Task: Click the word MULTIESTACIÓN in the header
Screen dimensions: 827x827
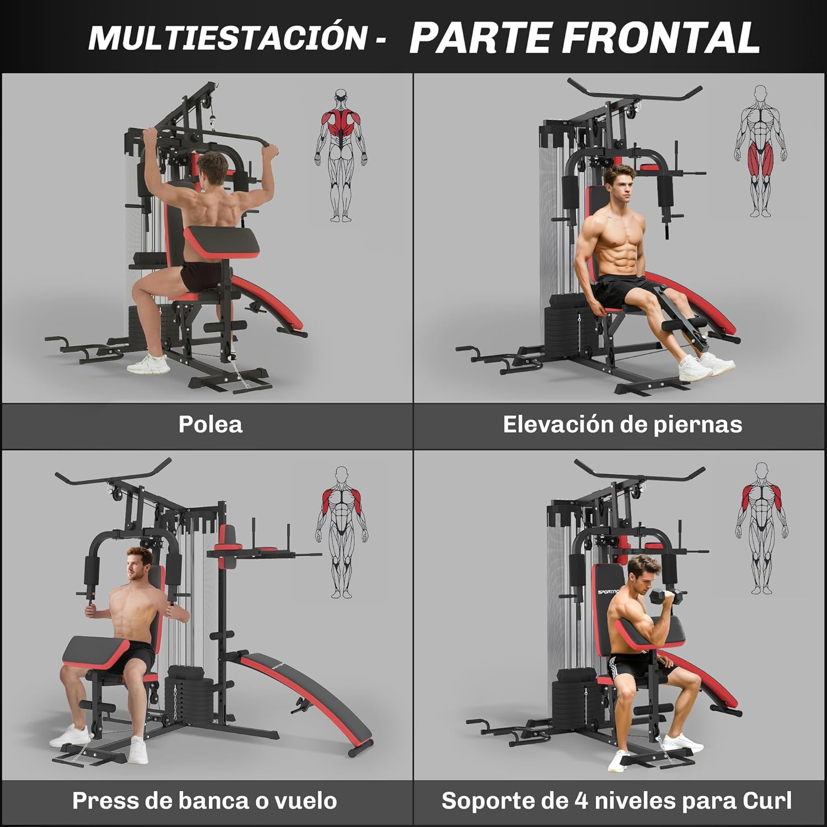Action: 228,37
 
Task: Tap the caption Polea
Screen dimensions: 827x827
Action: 210,425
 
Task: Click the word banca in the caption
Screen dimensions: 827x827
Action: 209,801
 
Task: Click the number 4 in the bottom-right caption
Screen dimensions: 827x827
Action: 582,801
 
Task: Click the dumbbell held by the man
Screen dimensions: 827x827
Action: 667,598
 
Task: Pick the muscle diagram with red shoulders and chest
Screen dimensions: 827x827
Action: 341,532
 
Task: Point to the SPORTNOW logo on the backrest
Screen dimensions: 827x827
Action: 608,592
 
